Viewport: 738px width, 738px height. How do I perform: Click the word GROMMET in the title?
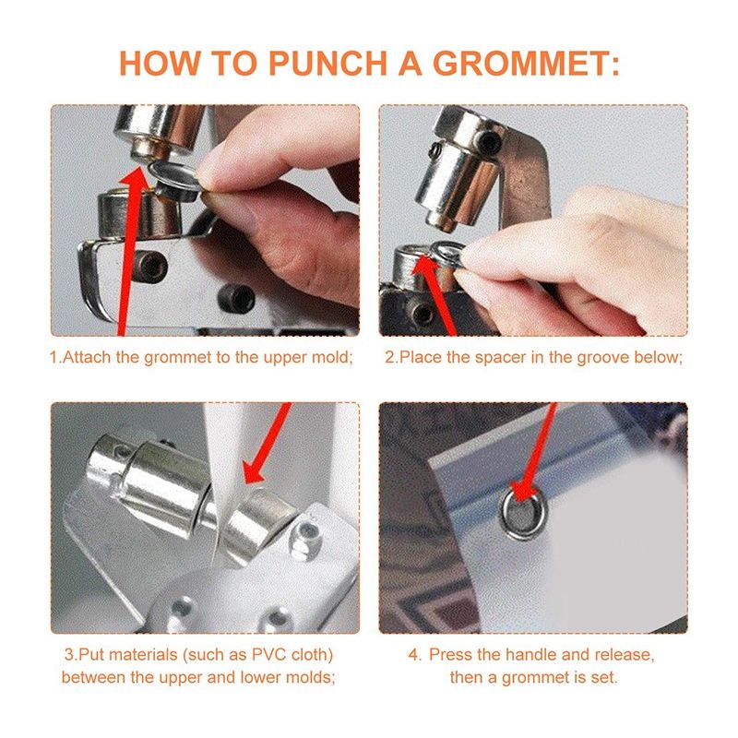coord(526,63)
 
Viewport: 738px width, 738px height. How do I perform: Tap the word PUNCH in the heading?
coord(327,63)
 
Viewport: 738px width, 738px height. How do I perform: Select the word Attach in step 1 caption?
coord(87,357)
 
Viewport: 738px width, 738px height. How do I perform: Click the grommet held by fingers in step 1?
coord(174,181)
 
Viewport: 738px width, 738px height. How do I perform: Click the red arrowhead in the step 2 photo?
coord(426,268)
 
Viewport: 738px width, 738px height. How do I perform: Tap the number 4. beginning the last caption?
coord(414,654)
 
